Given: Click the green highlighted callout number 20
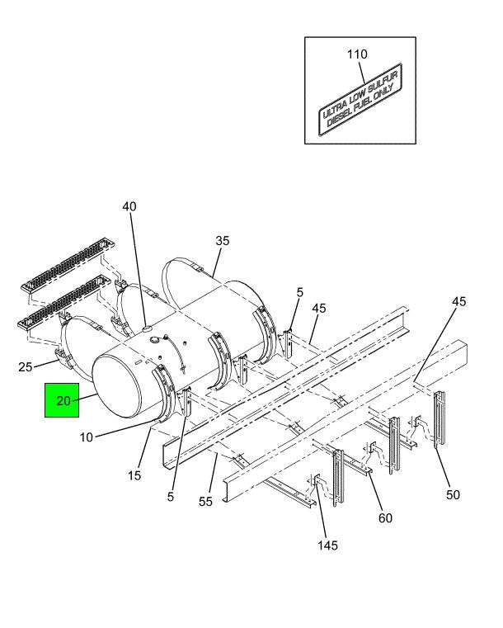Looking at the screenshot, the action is (63, 400).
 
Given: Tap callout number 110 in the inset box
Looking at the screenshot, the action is (357, 54).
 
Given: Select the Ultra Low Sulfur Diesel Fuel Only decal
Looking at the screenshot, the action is (360, 100).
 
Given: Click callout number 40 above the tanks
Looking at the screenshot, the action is (129, 206).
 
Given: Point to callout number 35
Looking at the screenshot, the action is (223, 241).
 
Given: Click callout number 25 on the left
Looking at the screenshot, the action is (26, 366).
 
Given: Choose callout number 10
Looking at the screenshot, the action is (86, 437).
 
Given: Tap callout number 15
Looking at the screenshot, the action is (134, 475).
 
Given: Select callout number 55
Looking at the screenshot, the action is (205, 502).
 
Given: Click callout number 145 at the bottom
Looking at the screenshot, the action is (327, 545).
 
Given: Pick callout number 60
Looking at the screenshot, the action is (385, 518).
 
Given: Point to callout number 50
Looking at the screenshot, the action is (453, 494).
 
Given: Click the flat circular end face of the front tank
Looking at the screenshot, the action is (117, 387).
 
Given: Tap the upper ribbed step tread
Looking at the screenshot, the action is (68, 263).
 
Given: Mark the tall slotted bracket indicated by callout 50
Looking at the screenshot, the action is (440, 418).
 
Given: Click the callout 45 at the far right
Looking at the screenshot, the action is (459, 301).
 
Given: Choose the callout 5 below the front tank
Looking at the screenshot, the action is (171, 497).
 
